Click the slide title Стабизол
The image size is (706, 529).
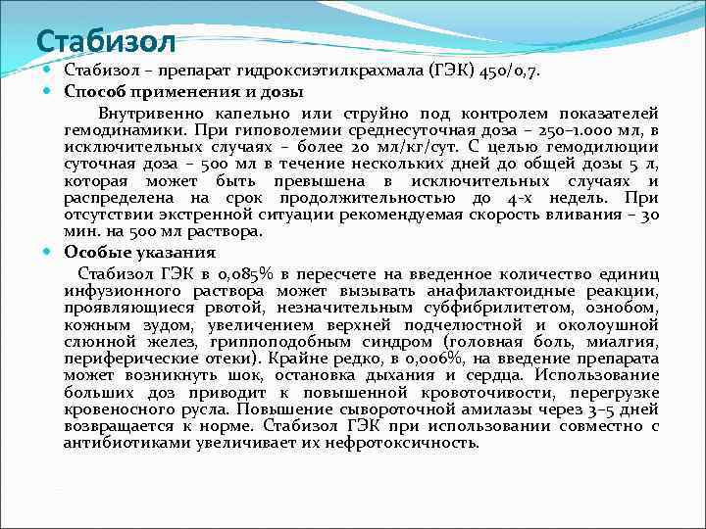coord(105,41)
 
